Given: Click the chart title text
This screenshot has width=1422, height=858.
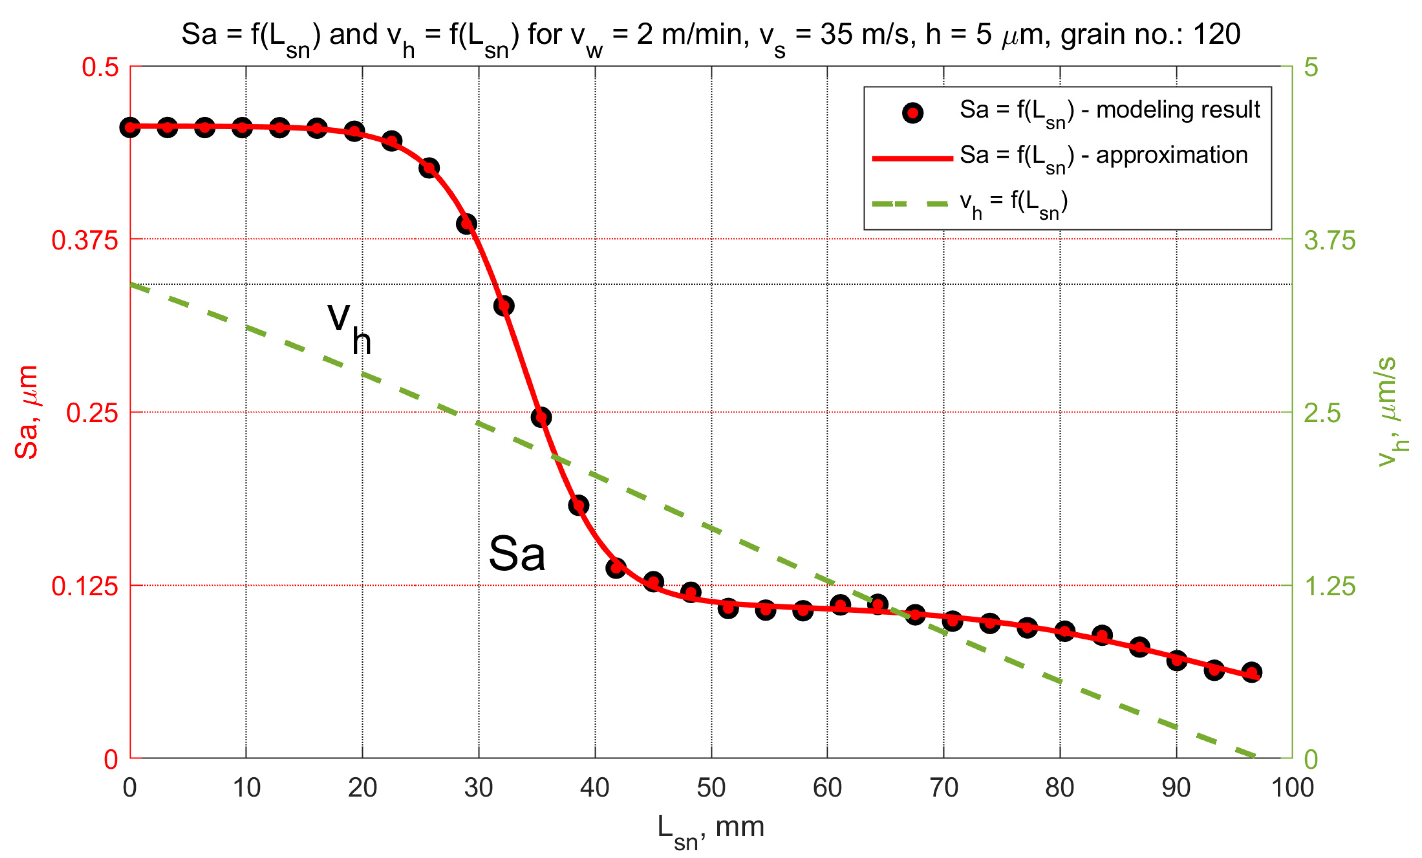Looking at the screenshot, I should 711,36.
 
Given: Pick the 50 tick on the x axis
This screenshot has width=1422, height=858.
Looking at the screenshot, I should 711,787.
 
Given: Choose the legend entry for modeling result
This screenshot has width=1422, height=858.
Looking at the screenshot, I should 1108,111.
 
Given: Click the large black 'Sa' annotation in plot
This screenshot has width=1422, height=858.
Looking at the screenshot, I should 517,554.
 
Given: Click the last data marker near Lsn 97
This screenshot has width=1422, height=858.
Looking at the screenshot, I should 1251,672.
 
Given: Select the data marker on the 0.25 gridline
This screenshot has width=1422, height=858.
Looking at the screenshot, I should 541,417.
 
